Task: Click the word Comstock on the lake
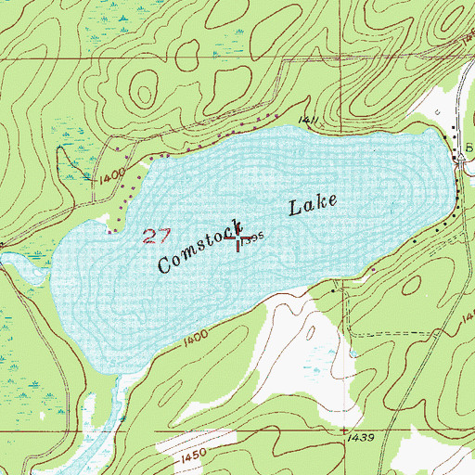(x=199, y=247)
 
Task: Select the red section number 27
(x=159, y=234)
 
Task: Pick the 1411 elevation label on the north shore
(x=309, y=120)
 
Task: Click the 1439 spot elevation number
(x=356, y=435)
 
